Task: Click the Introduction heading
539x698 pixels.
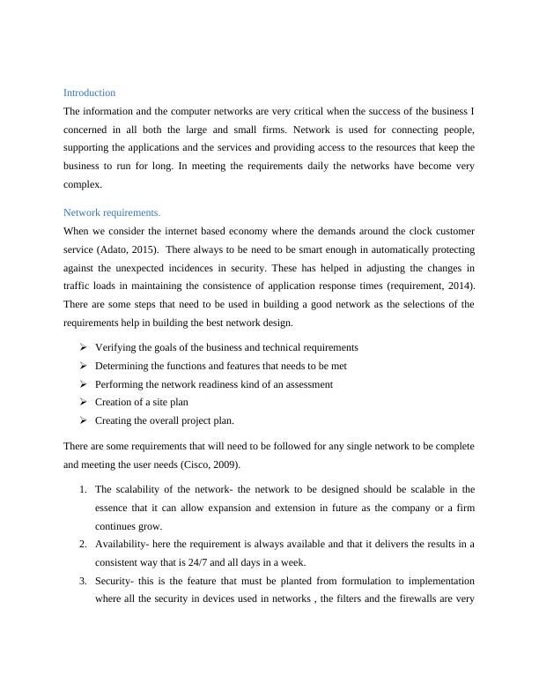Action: pyautogui.click(x=89, y=93)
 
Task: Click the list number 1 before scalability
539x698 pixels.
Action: pyautogui.click(x=82, y=489)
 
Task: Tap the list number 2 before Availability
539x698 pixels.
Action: pyautogui.click(x=82, y=545)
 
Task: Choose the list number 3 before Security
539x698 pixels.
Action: pyautogui.click(x=82, y=582)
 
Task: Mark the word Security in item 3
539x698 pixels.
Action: pyautogui.click(x=113, y=582)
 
